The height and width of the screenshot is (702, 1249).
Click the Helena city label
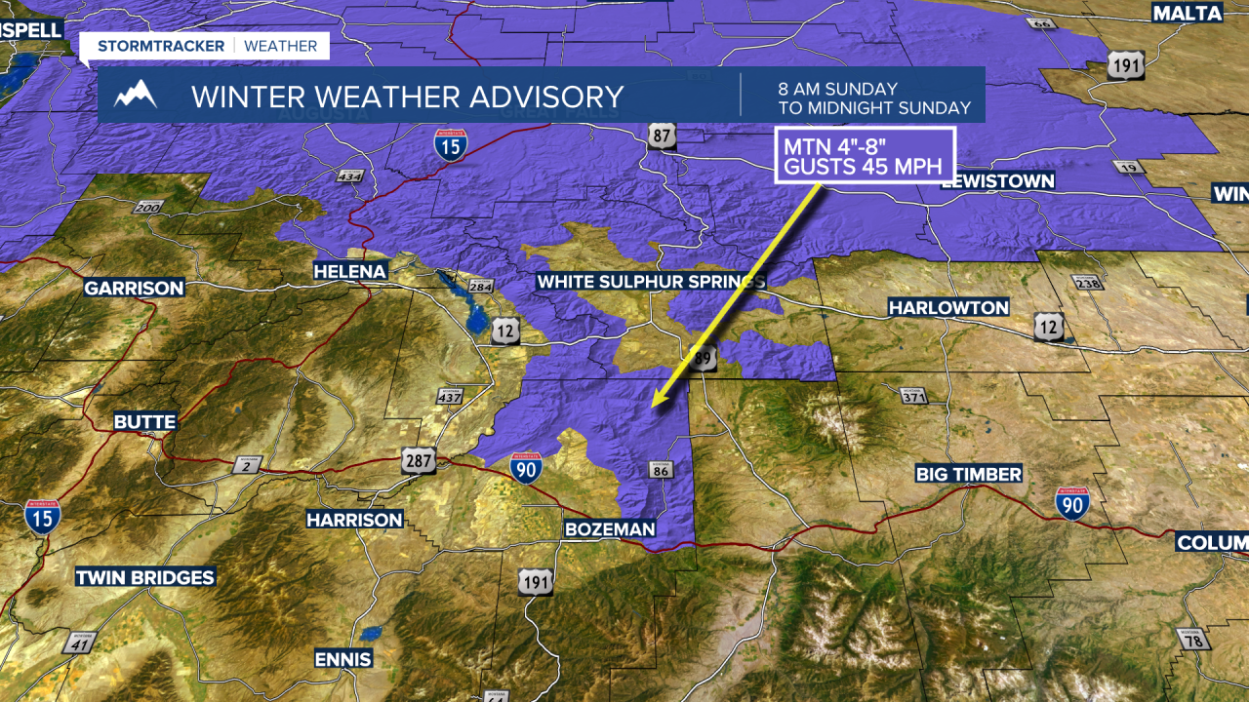(x=350, y=270)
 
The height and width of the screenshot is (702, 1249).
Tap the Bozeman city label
(x=610, y=528)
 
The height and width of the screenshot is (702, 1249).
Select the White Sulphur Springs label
(x=651, y=282)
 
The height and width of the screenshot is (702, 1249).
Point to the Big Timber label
(x=968, y=474)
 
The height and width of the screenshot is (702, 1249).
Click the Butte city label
(x=145, y=422)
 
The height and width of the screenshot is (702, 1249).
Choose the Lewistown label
(x=998, y=180)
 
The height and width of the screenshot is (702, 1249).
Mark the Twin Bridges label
(x=145, y=577)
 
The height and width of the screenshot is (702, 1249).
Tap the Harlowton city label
(x=948, y=307)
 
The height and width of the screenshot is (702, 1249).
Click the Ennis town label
(x=342, y=659)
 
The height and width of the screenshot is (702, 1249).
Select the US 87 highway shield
(x=662, y=136)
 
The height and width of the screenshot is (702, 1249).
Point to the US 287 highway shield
(x=418, y=461)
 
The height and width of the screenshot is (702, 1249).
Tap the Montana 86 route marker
(x=661, y=470)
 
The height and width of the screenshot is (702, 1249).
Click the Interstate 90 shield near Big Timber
(x=1071, y=504)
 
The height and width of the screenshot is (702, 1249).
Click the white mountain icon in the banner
(x=136, y=95)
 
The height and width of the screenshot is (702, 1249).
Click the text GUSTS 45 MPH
(x=863, y=167)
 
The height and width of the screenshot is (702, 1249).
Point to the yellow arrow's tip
(x=654, y=405)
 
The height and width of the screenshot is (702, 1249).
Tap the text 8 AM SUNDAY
(x=837, y=88)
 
